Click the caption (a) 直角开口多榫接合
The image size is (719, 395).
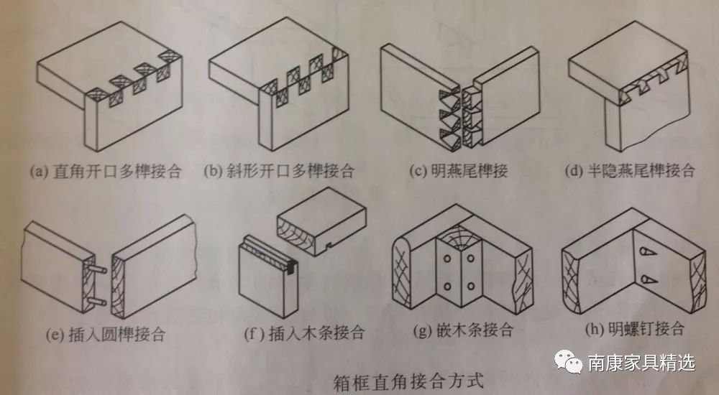106,172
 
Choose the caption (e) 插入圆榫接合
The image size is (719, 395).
106,334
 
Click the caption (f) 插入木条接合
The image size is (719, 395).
304,333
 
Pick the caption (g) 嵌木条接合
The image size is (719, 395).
463,330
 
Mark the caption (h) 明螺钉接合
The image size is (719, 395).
635,328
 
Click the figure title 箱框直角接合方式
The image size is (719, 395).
408,381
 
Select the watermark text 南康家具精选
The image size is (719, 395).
641,363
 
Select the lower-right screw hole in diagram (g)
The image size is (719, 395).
470,287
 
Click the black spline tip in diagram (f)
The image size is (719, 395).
292,266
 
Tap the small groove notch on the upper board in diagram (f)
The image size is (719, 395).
329,245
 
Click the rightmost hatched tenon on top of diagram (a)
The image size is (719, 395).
168,55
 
